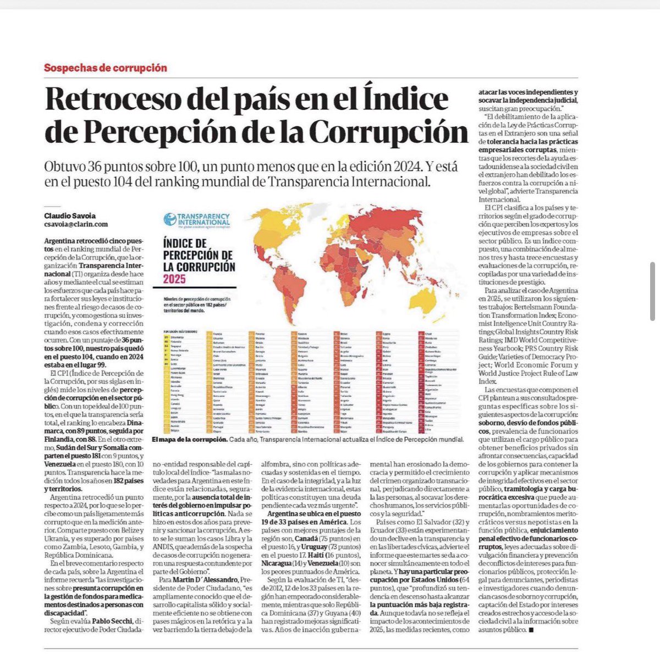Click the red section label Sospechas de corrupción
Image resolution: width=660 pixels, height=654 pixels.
point(105,68)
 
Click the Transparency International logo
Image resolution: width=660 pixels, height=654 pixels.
point(196,220)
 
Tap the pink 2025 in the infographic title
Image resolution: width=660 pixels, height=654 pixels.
point(174,279)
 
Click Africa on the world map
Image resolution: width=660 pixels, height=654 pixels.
point(341,264)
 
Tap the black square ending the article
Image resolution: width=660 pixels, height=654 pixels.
point(530,629)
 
